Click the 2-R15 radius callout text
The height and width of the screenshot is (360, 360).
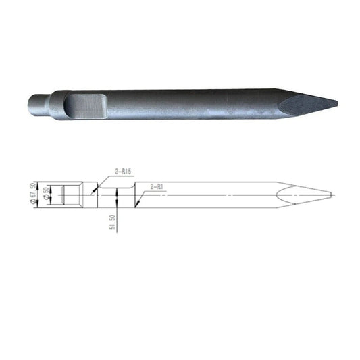(x=124, y=172)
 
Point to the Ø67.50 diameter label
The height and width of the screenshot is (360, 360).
(x=31, y=193)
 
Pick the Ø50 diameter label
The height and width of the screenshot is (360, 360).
(x=45, y=193)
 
